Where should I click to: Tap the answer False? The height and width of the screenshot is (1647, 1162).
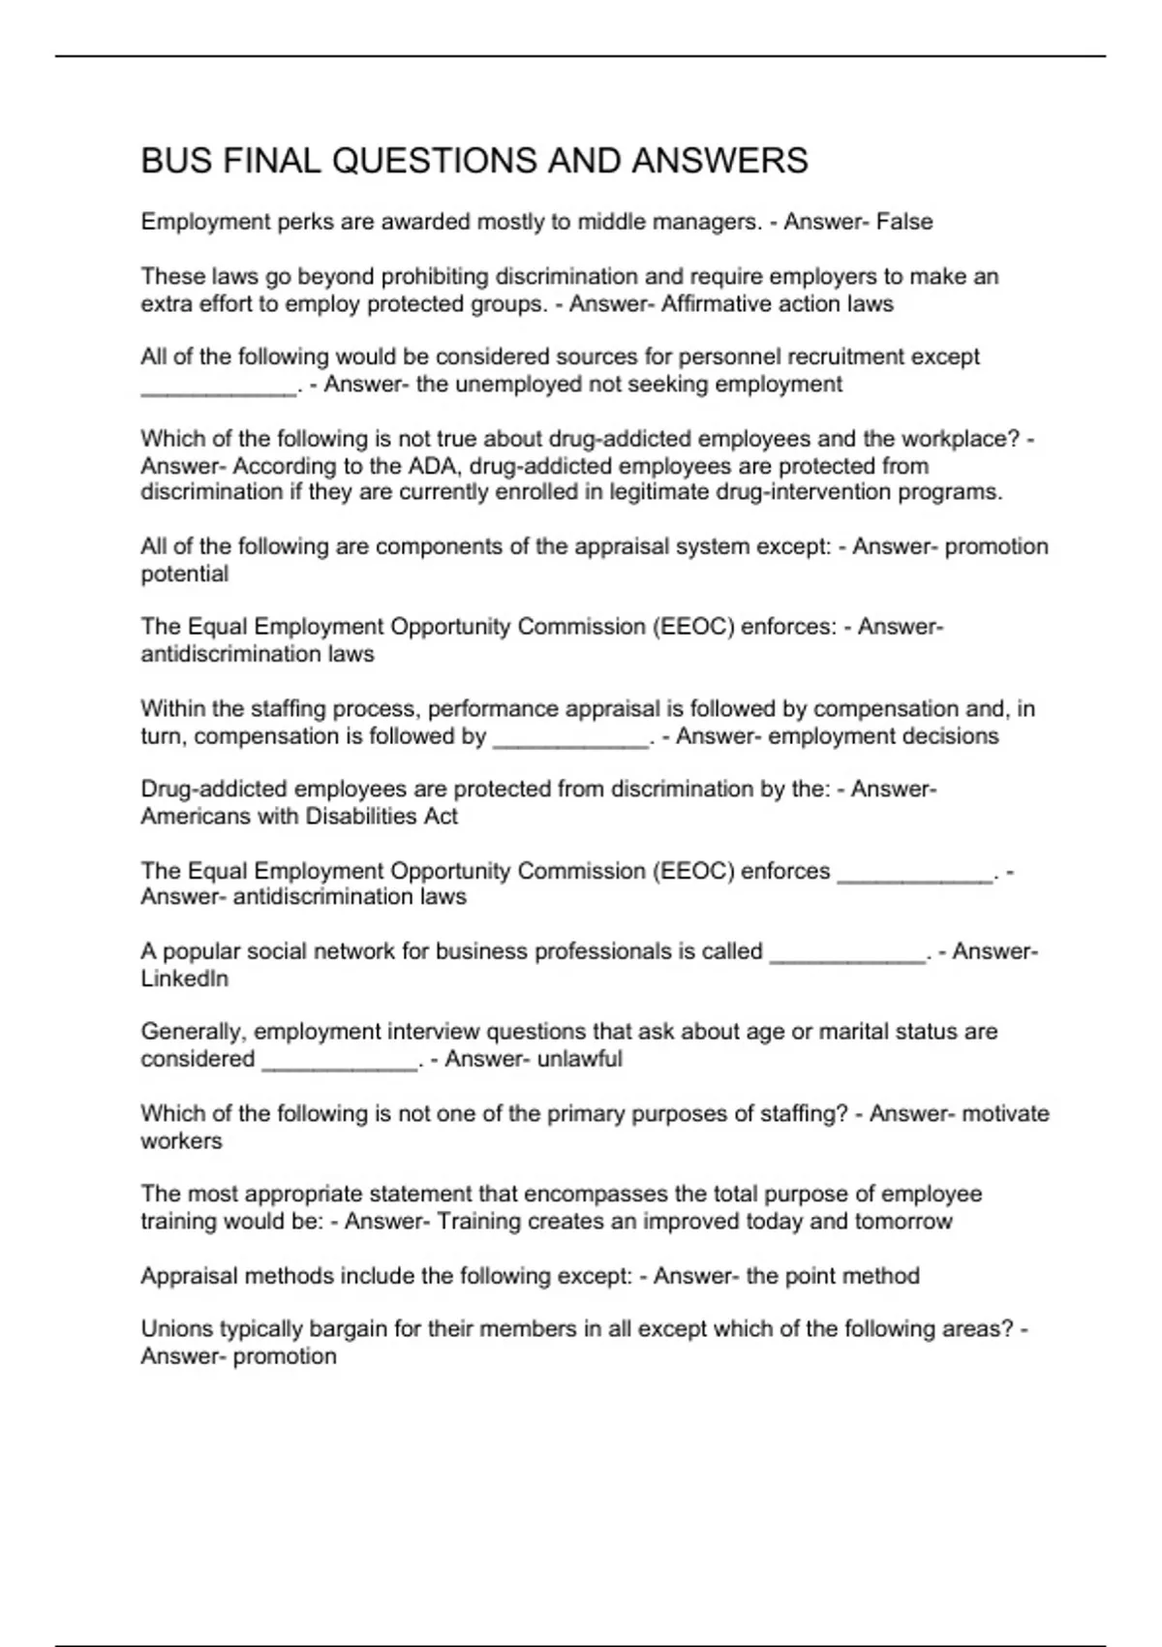coord(904,222)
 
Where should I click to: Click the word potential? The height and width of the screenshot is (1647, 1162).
coord(184,574)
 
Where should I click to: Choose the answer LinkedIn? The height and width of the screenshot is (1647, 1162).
coord(184,979)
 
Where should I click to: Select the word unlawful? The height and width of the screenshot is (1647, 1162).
coord(579,1059)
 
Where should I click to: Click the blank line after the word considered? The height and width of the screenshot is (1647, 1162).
coord(339,1065)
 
